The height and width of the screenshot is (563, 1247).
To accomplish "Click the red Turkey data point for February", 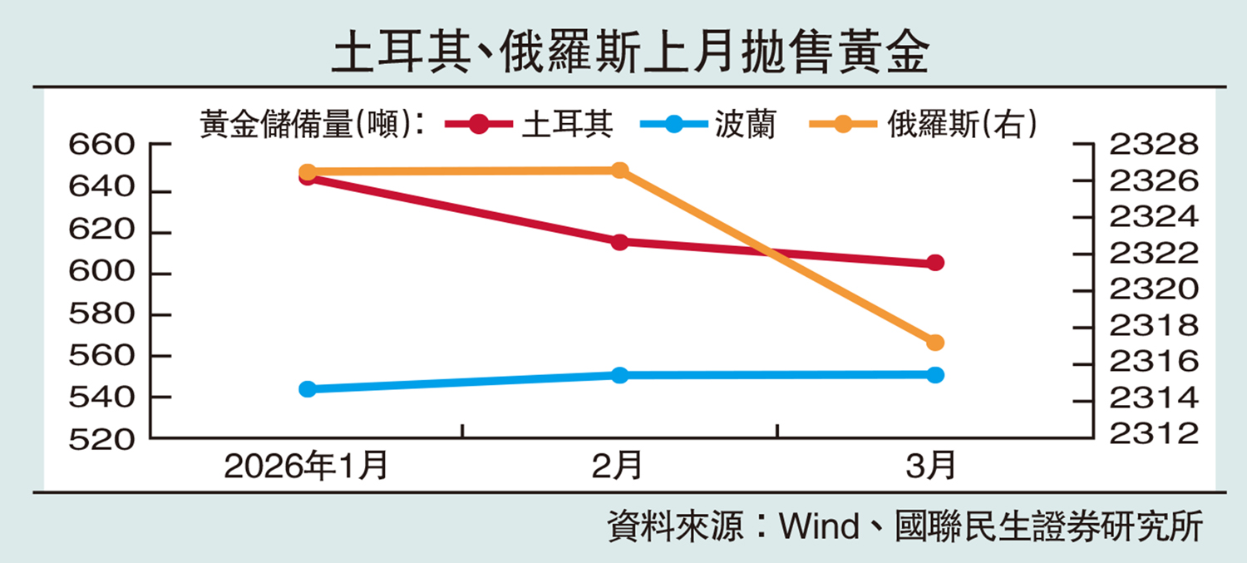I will point(619,242).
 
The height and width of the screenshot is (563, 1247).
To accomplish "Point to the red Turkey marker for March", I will point(935,263).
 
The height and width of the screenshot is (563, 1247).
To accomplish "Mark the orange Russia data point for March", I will point(935,343).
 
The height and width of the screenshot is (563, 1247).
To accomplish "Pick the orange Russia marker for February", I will point(619,170).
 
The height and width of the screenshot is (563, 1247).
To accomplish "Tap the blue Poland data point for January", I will point(308,388).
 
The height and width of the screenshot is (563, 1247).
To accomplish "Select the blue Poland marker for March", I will point(935,375).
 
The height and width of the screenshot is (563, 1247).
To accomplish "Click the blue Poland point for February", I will point(619,375).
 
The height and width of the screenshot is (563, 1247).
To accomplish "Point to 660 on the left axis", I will point(101,146).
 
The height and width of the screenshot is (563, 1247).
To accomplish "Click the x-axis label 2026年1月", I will point(307,467).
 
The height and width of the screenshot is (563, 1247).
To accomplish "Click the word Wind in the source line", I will point(817,527).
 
